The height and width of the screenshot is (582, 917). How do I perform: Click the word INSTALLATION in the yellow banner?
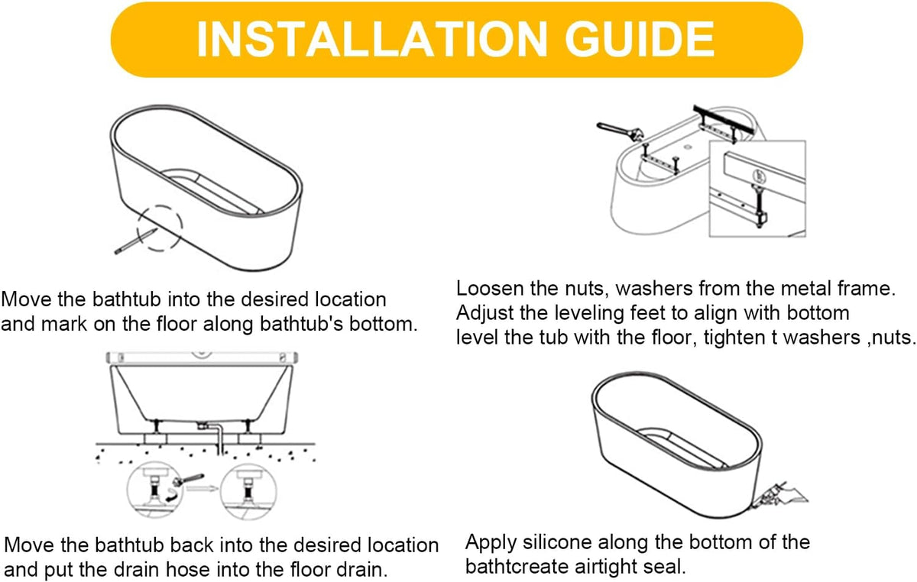click(371, 39)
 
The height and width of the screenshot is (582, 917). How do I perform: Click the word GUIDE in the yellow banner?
click(640, 39)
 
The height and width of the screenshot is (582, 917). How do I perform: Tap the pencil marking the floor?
click(135, 241)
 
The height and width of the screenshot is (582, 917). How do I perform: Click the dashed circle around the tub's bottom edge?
click(159, 206)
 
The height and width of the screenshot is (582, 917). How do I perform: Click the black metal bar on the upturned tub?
click(724, 118)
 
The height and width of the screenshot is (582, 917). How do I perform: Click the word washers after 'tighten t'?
click(822, 338)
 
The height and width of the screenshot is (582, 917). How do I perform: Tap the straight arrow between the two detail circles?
click(203, 488)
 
